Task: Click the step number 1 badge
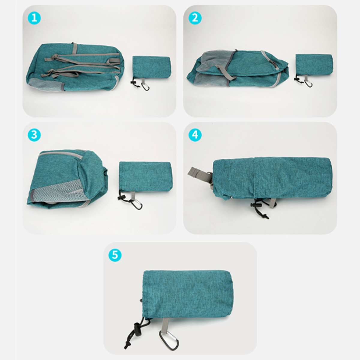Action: coord(34,18)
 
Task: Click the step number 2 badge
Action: coord(195,18)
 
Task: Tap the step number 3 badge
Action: coord(34,135)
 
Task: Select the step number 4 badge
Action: coord(195,135)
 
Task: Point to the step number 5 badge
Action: coord(115,255)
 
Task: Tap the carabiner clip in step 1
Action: coord(145,86)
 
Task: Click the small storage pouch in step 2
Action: coord(314,64)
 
